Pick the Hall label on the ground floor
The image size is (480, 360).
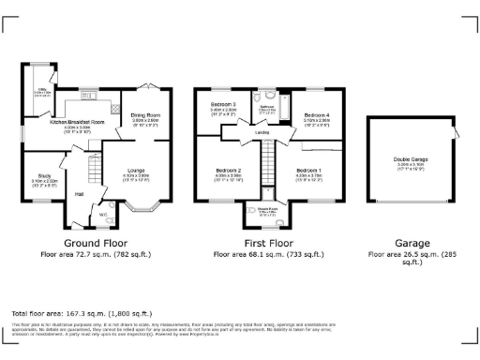click(x=80, y=194)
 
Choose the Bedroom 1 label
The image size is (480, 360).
click(x=308, y=171)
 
